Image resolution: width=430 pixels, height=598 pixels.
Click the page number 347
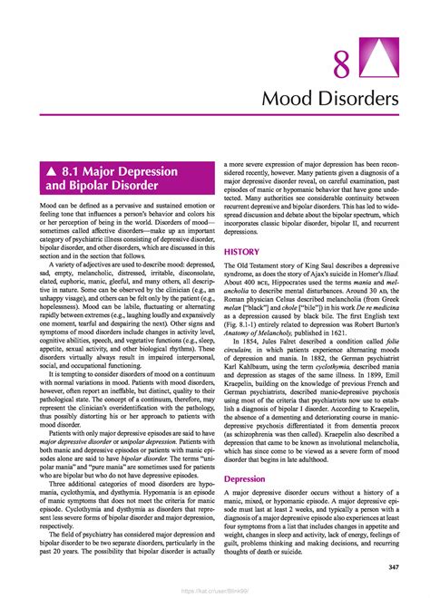(x=394, y=566)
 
